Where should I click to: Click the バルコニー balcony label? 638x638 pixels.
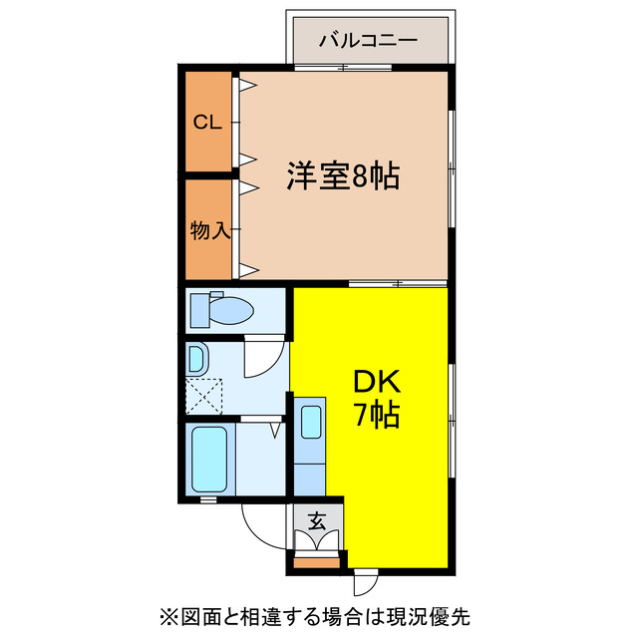click(x=369, y=43)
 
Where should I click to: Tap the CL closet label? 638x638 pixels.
click(x=206, y=123)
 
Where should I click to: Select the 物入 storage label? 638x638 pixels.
click(x=209, y=230)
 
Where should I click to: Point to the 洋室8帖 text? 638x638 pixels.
click(x=344, y=176)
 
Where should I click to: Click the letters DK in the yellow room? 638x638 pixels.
click(x=374, y=383)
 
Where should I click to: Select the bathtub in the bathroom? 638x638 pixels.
click(x=210, y=459)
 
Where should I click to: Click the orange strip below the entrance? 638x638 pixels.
click(x=317, y=560)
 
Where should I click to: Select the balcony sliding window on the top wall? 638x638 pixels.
click(x=344, y=68)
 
